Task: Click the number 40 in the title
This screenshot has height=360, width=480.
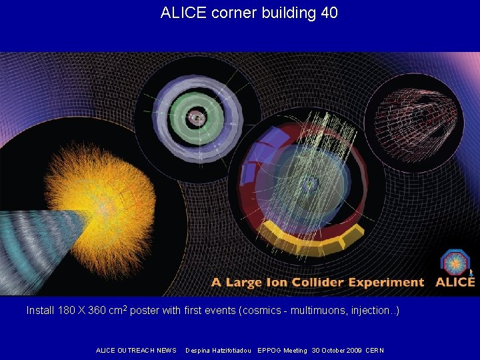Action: click(329, 13)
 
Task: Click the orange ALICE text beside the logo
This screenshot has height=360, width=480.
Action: click(455, 282)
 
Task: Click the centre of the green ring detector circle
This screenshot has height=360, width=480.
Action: click(196, 117)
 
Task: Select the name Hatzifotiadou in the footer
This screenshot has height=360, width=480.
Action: click(229, 351)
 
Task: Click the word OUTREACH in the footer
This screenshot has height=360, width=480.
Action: click(136, 351)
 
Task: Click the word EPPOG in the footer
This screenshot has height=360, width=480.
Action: click(268, 351)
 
